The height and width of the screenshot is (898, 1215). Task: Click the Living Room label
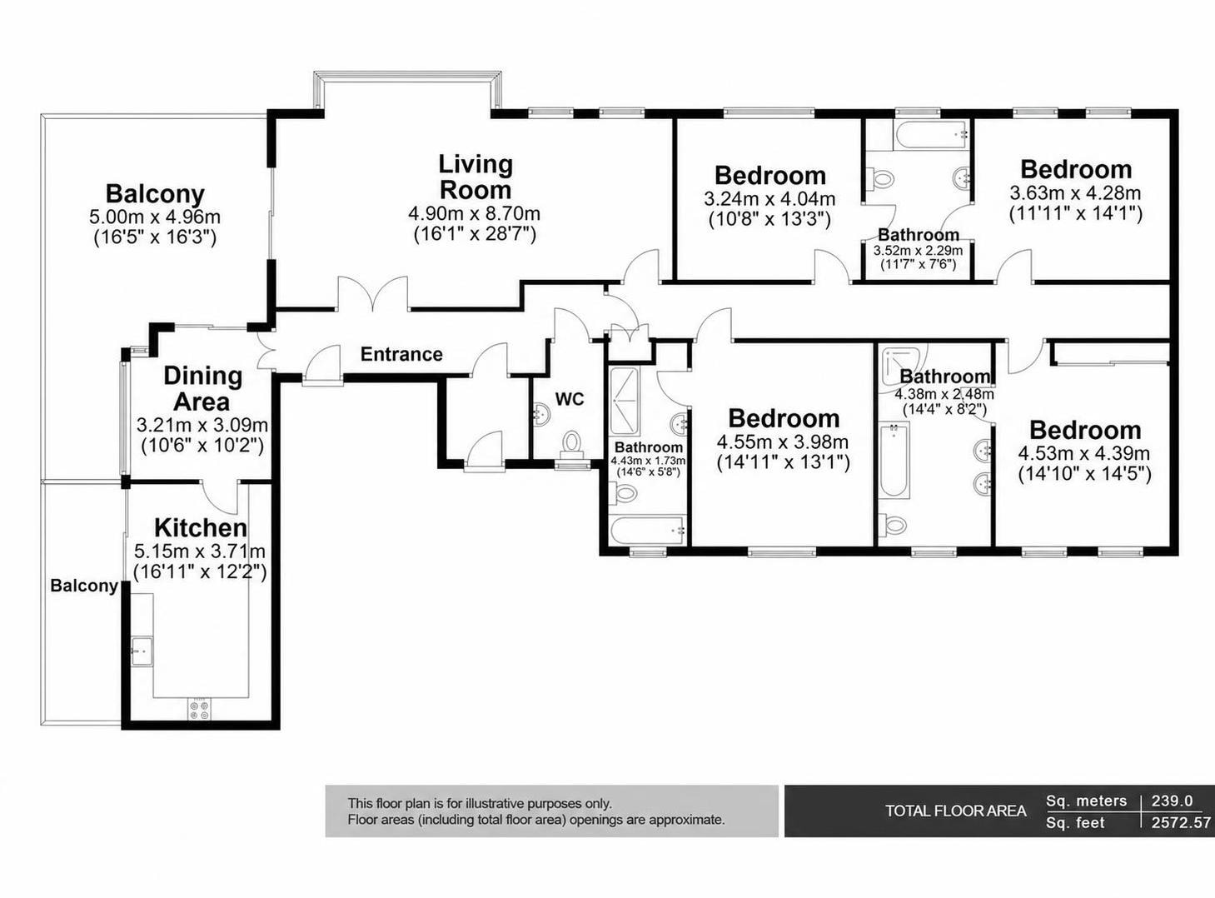pyautogui.click(x=476, y=177)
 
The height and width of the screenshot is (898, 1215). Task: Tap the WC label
pyautogui.click(x=570, y=399)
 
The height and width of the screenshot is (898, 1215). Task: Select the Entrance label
pyautogui.click(x=401, y=355)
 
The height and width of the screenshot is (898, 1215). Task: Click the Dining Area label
pyautogui.click(x=202, y=389)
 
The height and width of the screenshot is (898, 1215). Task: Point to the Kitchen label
pyautogui.click(x=201, y=528)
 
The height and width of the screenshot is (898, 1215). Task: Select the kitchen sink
pyautogui.click(x=142, y=651)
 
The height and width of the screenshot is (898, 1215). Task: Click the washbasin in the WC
pyautogui.click(x=540, y=412)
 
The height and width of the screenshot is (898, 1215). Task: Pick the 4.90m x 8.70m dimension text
pyautogui.click(x=475, y=212)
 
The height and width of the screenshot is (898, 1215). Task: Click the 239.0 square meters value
pyautogui.click(x=1172, y=801)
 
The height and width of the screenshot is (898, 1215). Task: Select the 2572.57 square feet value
pyautogui.click(x=1181, y=822)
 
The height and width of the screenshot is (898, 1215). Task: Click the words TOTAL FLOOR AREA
pyautogui.click(x=956, y=811)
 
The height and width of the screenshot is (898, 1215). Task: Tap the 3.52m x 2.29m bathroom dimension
pyautogui.click(x=918, y=251)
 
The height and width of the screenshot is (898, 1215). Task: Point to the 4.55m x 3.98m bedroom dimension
pyautogui.click(x=783, y=442)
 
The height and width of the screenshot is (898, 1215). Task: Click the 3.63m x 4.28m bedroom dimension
pyautogui.click(x=1075, y=193)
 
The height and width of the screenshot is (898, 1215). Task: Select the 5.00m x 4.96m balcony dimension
pyautogui.click(x=155, y=217)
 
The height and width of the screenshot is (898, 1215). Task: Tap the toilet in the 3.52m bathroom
pyautogui.click(x=880, y=178)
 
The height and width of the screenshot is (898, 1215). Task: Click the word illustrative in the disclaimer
pyautogui.click(x=495, y=804)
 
